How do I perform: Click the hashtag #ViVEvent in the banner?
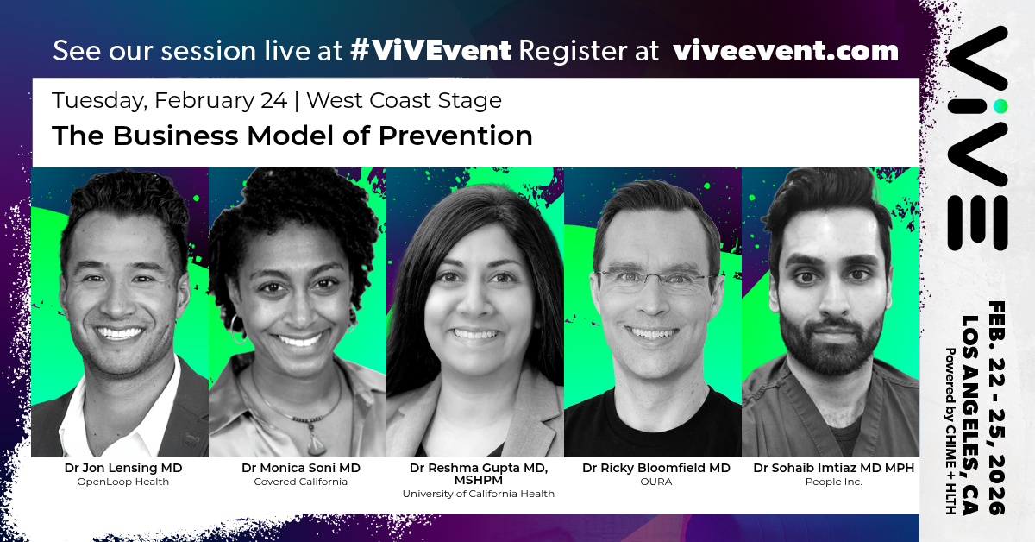(430, 50)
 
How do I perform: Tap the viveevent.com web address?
(786, 51)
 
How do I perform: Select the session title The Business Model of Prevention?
(292, 135)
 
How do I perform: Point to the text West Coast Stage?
(404, 100)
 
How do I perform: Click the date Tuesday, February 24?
(170, 101)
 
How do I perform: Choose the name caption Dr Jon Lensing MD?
(123, 468)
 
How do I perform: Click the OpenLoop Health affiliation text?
(122, 482)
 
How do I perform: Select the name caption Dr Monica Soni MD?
(301, 468)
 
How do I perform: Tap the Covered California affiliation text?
(300, 482)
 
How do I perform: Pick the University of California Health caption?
(478, 494)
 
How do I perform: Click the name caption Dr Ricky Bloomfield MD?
(656, 468)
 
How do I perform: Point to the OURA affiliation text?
(656, 482)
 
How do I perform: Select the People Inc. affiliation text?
(834, 482)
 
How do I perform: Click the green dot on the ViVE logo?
(1000, 106)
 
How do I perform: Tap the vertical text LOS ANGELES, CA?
(970, 415)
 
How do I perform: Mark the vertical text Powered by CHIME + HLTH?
(950, 431)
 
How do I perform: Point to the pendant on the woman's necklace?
(316, 443)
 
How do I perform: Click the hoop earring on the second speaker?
(237, 329)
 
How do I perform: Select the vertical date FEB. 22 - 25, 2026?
(997, 408)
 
